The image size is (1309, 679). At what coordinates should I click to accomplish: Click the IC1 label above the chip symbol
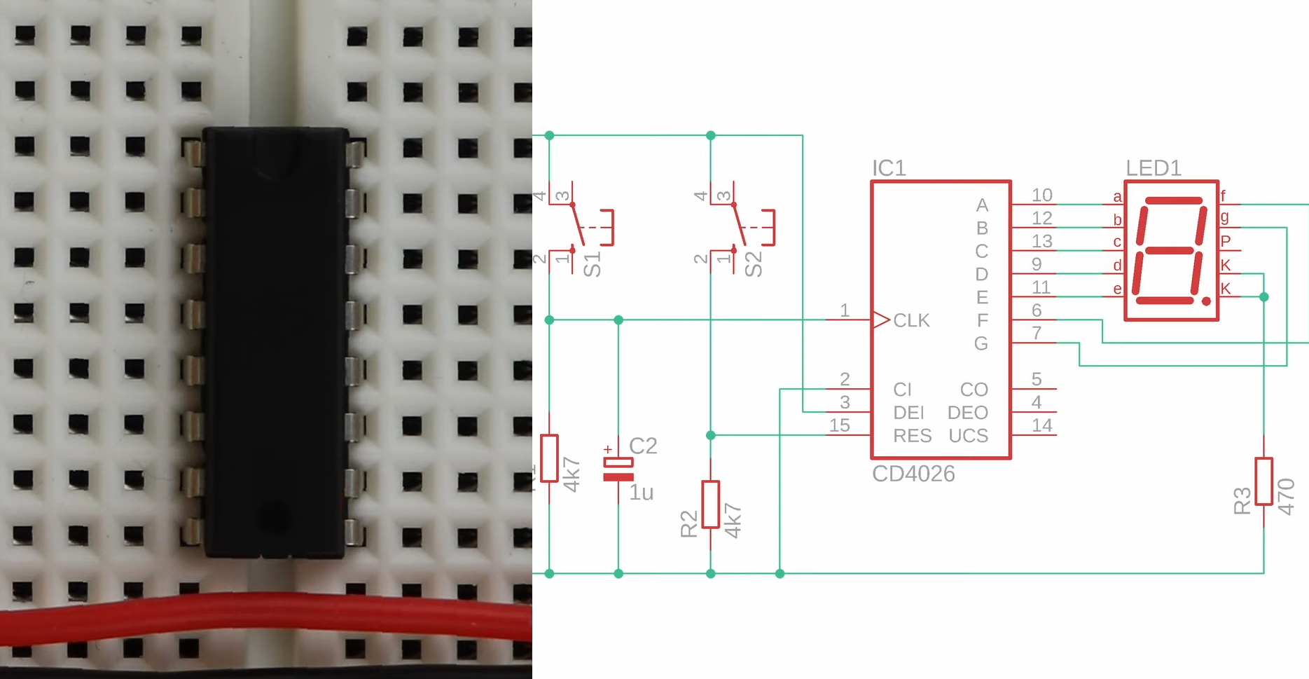[x=889, y=168]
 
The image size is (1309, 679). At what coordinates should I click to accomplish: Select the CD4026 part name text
[x=913, y=474]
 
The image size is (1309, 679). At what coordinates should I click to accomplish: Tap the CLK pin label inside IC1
[x=911, y=320]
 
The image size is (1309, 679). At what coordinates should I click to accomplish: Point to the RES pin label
[x=912, y=436]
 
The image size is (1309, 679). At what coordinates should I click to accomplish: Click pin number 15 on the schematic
[x=839, y=425]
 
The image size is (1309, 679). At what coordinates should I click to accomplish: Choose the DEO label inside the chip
[x=967, y=413]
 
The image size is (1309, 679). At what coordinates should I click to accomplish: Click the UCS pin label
[x=968, y=436]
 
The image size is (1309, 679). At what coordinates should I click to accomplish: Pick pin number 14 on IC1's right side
[x=1041, y=425]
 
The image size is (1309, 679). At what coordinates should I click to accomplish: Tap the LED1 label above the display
[x=1153, y=168]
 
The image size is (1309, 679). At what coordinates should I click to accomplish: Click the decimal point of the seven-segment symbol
[x=1206, y=301]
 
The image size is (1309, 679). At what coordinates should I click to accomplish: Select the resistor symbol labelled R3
[x=1263, y=481]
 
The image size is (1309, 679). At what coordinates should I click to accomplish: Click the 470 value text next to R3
[x=1286, y=497]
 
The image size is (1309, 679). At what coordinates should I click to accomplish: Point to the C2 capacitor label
[x=643, y=446]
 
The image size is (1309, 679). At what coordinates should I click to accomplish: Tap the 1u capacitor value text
[x=641, y=493]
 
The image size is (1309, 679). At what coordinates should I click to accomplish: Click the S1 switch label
[x=593, y=265]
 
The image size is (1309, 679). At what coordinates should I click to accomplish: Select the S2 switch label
[x=754, y=265]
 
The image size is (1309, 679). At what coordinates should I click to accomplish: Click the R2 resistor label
[x=689, y=523]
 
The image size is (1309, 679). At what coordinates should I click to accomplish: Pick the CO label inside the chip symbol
[x=974, y=390]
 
